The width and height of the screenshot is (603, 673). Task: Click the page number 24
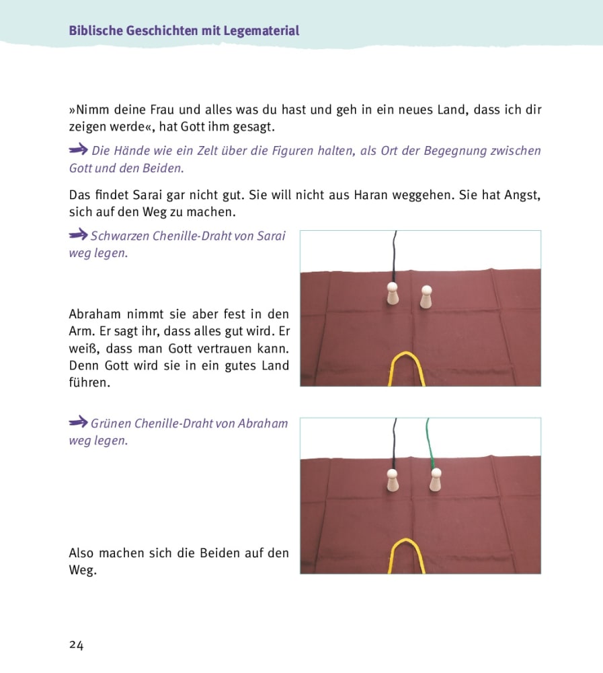[76, 645]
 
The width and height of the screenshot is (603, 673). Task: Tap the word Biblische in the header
[95, 31]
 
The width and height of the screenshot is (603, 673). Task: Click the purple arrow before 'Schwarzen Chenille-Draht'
[78, 235]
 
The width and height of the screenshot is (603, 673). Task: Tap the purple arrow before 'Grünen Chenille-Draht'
[78, 423]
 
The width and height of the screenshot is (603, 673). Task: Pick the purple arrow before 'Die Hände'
[78, 149]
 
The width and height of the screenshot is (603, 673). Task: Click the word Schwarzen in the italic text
[120, 236]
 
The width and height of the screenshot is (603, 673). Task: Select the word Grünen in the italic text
[111, 424]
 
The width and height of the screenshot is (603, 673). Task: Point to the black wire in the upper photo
[395, 256]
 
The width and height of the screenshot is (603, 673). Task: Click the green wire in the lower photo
[429, 441]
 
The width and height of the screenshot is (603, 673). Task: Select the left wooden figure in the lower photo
[393, 481]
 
